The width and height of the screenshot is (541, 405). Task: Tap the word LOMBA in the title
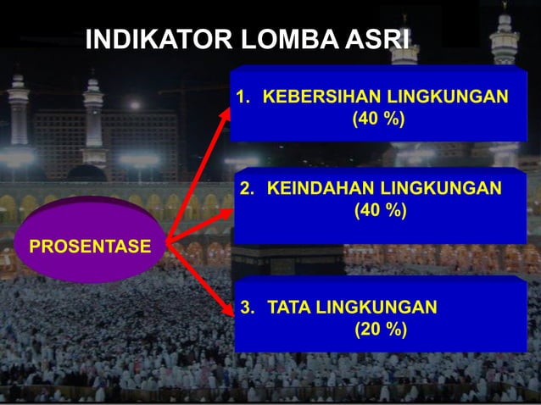277,41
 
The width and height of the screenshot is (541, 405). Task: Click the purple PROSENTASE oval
90,247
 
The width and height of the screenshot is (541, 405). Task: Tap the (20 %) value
380,330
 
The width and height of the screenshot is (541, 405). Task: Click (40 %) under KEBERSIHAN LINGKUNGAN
378,119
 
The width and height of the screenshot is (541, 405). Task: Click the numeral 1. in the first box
244,96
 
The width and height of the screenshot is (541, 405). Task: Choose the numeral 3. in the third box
248,307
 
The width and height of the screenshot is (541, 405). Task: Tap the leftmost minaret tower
19,110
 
